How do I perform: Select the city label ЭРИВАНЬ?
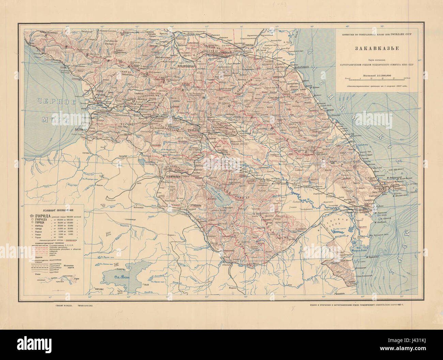196,206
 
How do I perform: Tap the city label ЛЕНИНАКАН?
173,177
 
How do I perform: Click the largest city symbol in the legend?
32,216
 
